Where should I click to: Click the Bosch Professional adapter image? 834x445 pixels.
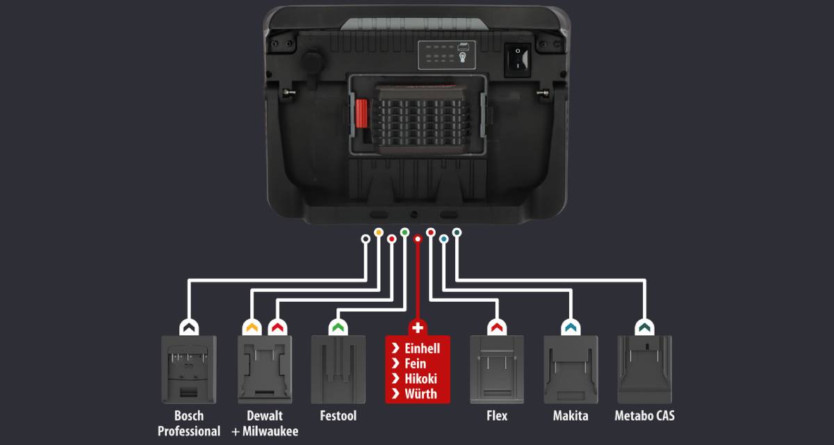point(188,369)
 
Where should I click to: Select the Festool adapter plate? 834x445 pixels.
point(338,369)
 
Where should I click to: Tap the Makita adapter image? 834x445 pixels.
point(571,369)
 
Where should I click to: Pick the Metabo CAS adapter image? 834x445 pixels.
point(644,369)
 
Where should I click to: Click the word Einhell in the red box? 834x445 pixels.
point(426,348)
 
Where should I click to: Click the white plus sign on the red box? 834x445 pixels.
point(418,327)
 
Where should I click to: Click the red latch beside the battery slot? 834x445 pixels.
point(361,114)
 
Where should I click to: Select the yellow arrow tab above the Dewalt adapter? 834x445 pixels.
point(250,326)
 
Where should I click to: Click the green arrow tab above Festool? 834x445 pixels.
point(338,326)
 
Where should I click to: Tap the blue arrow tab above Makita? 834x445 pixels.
point(571,326)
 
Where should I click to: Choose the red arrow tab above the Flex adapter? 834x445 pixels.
point(496,326)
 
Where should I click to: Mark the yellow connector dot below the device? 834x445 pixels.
point(379,232)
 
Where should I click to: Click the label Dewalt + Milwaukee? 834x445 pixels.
point(265,423)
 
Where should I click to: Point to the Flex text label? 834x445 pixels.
point(496,416)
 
